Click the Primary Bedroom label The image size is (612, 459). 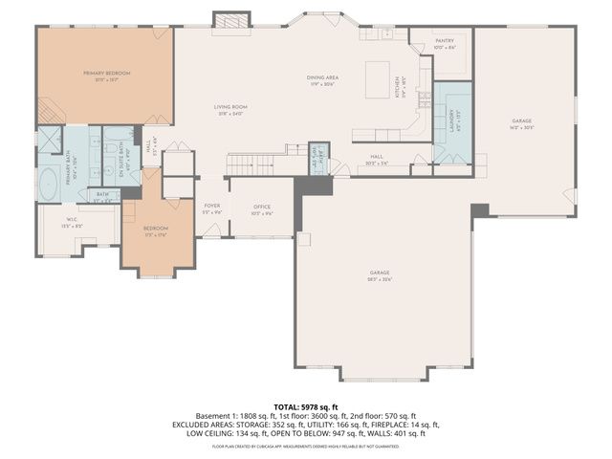[x=106, y=76]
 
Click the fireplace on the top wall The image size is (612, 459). [x=229, y=20]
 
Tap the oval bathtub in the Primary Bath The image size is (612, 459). [x=48, y=181]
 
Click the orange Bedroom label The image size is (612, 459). [x=156, y=230]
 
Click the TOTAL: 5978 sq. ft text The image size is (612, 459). [x=306, y=405]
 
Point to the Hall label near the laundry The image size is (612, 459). [x=379, y=159]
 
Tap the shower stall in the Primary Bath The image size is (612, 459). [x=51, y=140]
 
